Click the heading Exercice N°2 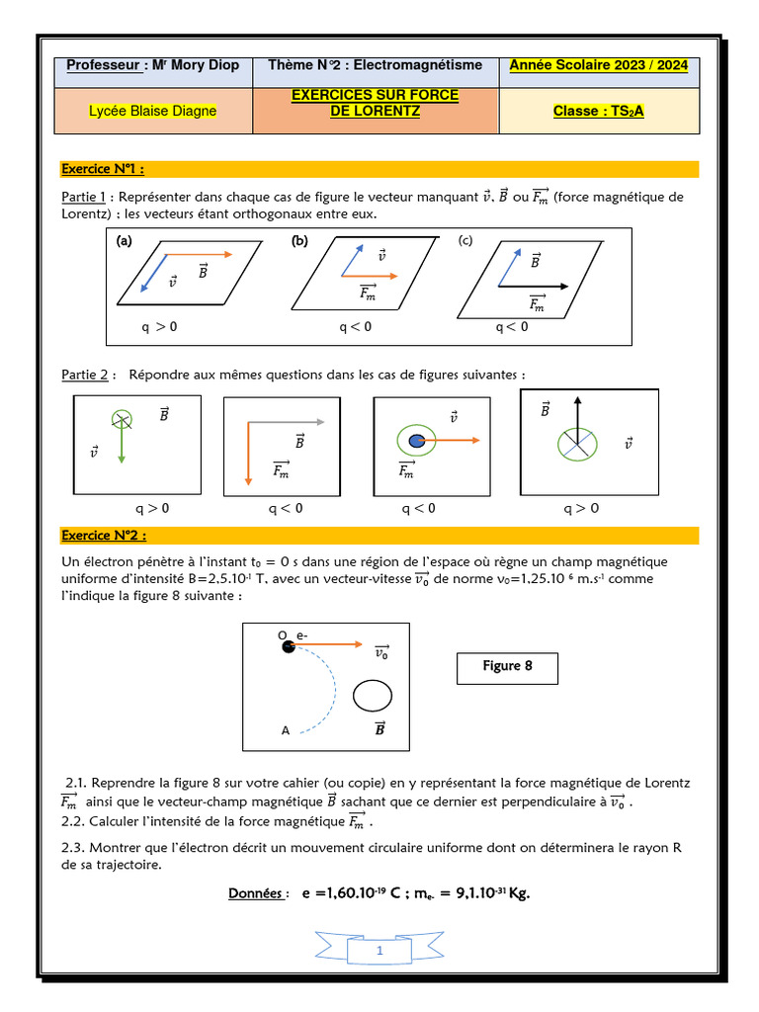104,536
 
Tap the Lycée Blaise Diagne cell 152,112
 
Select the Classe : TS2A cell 598,112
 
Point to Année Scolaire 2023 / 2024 599,66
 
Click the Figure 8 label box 507,667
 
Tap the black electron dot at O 289,646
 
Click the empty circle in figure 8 373,695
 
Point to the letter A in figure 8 286,731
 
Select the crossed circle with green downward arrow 121,419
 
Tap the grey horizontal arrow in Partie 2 287,422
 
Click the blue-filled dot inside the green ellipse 417,441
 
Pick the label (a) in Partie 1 124,241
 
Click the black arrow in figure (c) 534,287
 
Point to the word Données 258,893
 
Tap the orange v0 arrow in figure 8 331,644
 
